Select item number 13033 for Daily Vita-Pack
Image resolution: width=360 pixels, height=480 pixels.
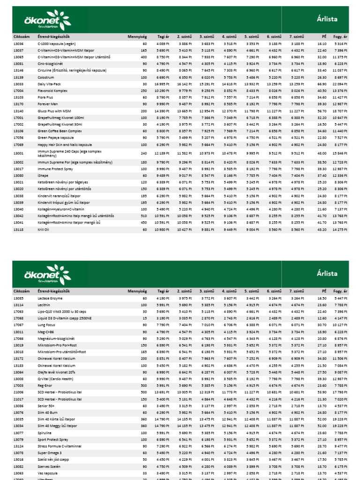pyautogui.click(x=18, y=83)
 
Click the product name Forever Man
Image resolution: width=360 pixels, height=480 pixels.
pyautogui.click(x=51, y=104)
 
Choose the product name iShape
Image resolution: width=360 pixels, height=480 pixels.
pyautogui.click(x=44, y=175)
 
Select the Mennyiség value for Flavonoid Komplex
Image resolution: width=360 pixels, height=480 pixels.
pyautogui.click(x=143, y=90)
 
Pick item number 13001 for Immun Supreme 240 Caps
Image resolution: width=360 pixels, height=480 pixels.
pyautogui.click(x=18, y=153)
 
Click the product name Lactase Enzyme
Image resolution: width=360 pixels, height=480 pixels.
pyautogui.click(x=50, y=298)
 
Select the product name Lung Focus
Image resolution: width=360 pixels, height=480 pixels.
pyautogui.click(x=48, y=324)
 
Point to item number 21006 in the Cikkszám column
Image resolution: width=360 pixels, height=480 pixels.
pyautogui.click(x=18, y=392)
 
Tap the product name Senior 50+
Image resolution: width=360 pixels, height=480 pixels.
pyautogui.click(x=48, y=406)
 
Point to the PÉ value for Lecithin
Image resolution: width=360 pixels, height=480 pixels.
pyautogui.click(x=321, y=305)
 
